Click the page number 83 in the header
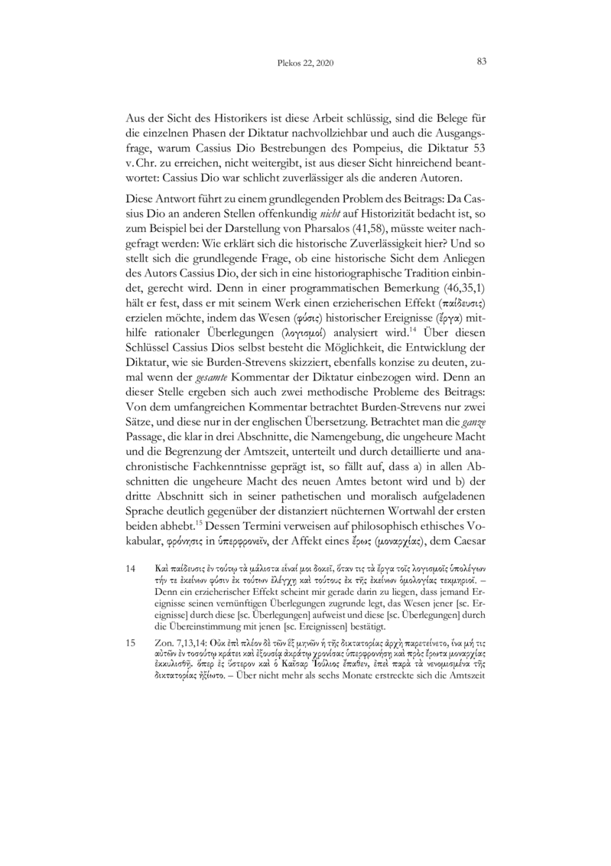482,61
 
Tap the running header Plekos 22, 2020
305,62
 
